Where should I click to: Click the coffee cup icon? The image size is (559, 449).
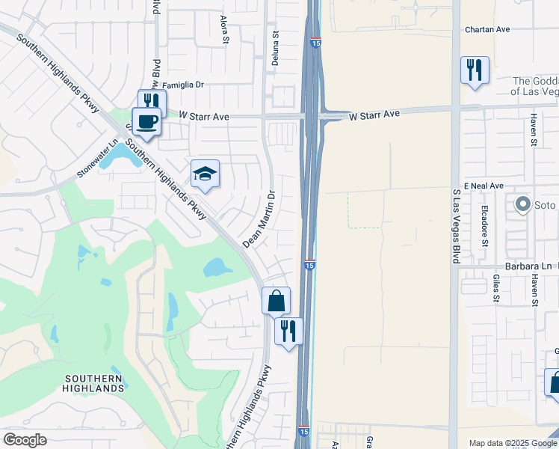(146, 120)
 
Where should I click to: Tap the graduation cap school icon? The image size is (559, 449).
(205, 174)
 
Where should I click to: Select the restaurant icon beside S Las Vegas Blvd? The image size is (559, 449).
(475, 70)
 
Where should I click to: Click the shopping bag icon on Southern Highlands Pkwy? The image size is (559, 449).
(276, 301)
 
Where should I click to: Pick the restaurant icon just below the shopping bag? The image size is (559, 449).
(288, 330)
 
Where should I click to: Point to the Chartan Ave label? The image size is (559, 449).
(487, 29)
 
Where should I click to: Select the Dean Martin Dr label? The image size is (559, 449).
(259, 219)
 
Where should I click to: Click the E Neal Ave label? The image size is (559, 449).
(484, 185)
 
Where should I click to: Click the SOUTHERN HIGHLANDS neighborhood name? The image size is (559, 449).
(94, 383)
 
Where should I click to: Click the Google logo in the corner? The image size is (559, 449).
(25, 440)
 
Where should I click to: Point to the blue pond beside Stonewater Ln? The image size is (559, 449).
(115, 156)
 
